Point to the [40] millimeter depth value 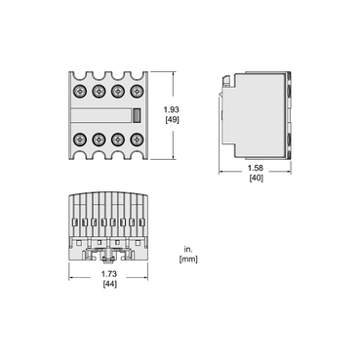click(x=256, y=180)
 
